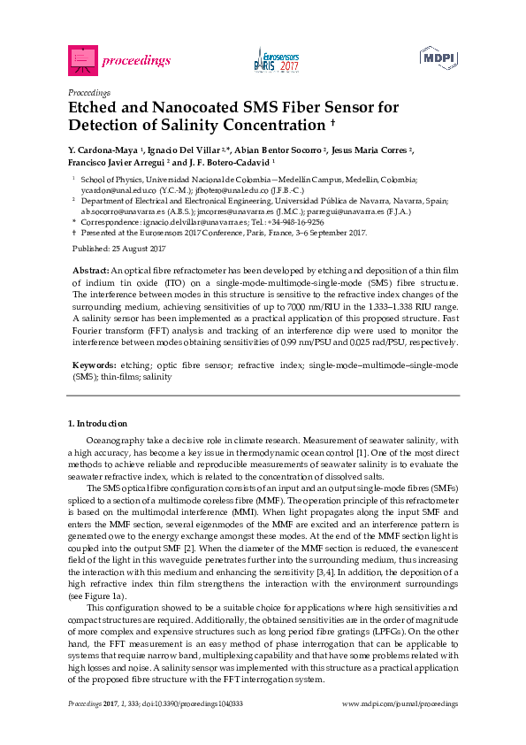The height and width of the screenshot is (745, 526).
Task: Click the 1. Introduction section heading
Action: [97, 423]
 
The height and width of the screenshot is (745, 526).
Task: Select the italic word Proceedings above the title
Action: [88, 91]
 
